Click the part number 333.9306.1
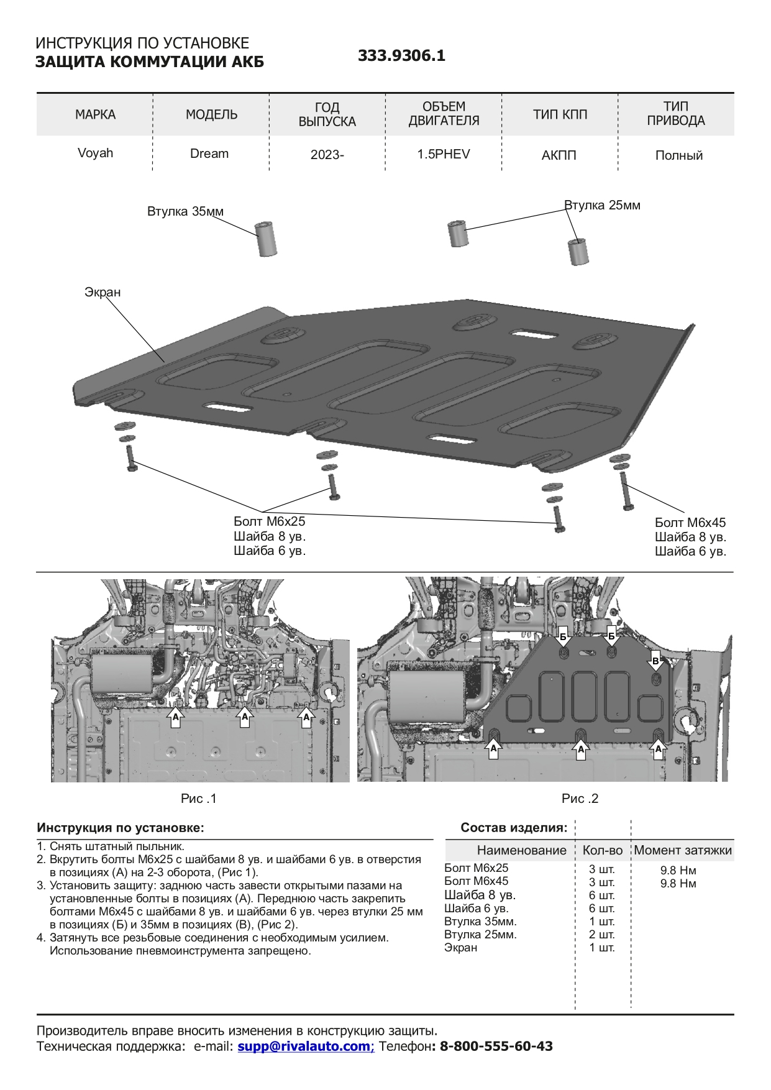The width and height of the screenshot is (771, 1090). tap(401, 56)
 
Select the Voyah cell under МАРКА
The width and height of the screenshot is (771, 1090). tap(95, 153)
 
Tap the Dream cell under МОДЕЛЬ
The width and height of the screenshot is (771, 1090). tap(209, 153)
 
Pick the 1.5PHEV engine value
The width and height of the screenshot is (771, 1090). tap(443, 154)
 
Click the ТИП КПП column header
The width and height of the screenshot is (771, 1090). tap(560, 114)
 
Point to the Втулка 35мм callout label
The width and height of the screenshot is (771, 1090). tap(185, 211)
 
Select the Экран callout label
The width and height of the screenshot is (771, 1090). tap(103, 292)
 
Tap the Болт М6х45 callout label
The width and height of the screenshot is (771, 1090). tap(690, 523)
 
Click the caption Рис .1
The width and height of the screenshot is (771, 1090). tap(199, 799)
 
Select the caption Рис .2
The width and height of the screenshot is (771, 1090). tap(580, 799)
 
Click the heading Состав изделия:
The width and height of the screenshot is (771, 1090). tap(514, 828)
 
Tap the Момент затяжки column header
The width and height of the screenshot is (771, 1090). tap(683, 850)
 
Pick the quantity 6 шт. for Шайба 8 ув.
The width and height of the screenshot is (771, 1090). tap(601, 895)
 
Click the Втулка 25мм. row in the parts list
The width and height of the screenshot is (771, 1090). tap(480, 935)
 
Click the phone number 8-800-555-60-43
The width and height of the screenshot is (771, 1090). tap(496, 1046)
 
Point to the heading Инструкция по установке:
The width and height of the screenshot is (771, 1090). tap(121, 828)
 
